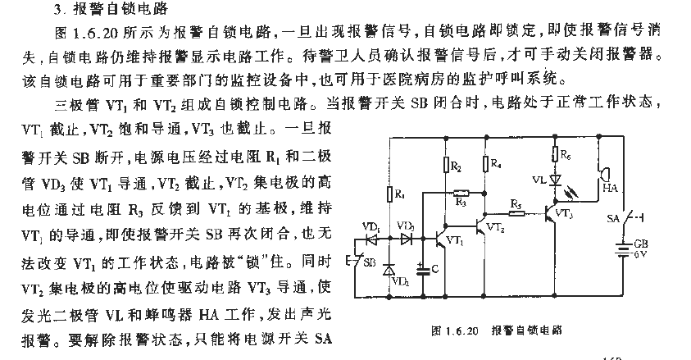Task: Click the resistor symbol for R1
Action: [389, 194]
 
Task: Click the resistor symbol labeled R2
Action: [447, 165]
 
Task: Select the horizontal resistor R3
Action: [461, 193]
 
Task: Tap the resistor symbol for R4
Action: [485, 163]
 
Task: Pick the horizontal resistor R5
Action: [517, 214]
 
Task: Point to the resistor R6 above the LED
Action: [555, 155]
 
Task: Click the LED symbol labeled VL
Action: [555, 180]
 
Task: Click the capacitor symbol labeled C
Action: [423, 270]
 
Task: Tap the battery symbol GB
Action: [624, 250]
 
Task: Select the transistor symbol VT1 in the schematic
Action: [441, 239]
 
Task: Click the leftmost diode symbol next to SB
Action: [371, 239]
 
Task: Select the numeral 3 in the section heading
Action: [57, 9]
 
